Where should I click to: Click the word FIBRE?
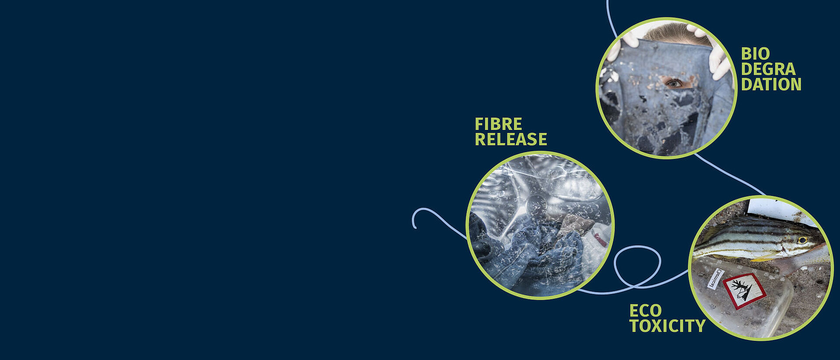[x=498, y=124]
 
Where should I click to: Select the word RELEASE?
[x=511, y=140]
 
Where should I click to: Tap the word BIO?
[x=755, y=54]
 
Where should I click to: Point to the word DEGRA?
[x=768, y=69]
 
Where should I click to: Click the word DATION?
[x=771, y=84]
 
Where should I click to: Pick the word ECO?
[x=645, y=311]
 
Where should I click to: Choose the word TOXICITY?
[x=667, y=326]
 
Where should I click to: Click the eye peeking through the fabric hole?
[x=674, y=82]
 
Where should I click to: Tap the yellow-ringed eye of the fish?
[x=802, y=240]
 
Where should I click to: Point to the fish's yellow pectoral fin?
[x=763, y=258]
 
